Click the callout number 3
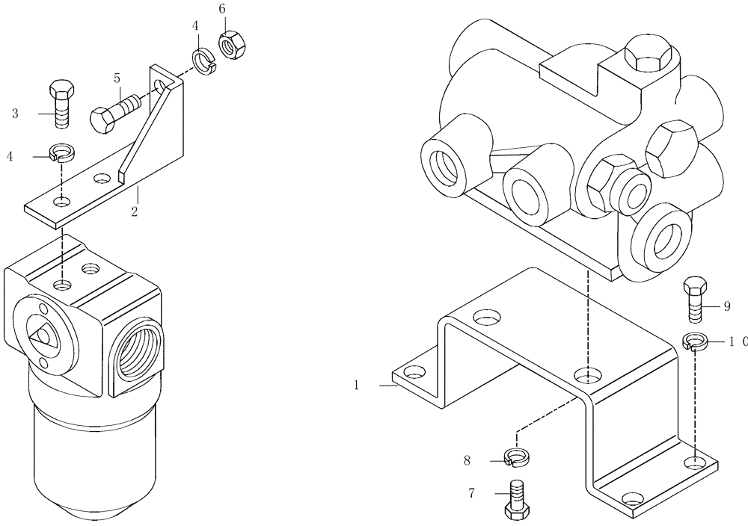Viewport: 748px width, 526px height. point(15,114)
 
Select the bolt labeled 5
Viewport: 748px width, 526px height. point(114,111)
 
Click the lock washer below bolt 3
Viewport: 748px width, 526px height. point(62,154)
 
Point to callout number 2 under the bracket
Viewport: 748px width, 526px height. point(134,212)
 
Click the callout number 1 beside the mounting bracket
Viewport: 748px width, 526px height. point(357,386)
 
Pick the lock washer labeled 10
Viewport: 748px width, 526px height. point(696,341)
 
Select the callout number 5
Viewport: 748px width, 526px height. point(117,78)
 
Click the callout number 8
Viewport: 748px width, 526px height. point(467,461)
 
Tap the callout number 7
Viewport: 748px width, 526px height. point(472,493)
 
